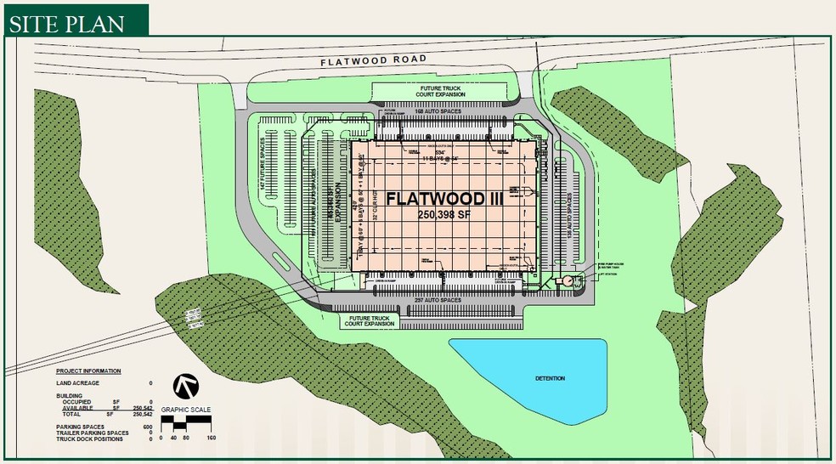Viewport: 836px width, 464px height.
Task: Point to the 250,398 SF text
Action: [442, 216]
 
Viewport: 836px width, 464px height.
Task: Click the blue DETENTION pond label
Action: [550, 378]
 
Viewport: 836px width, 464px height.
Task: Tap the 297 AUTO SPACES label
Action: [438, 300]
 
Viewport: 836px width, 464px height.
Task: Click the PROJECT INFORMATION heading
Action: [88, 371]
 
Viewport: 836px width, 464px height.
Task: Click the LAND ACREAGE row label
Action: [77, 383]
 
